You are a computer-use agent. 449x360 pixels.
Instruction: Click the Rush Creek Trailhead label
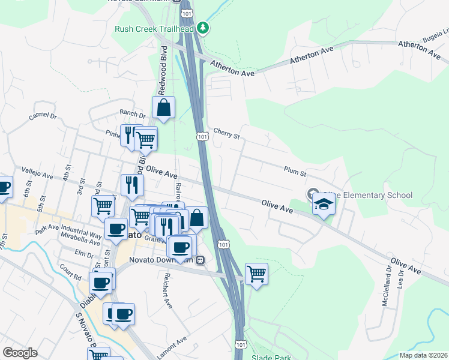[x=154, y=29]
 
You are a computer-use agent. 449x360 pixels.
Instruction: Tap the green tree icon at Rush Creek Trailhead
[x=203, y=28]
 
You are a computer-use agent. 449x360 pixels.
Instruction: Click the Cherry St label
[x=226, y=133]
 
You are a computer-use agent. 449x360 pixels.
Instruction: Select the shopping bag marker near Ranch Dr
[x=163, y=109]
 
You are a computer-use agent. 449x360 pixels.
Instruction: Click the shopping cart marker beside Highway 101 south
[x=256, y=274]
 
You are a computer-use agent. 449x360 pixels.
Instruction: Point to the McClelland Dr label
[x=386, y=291]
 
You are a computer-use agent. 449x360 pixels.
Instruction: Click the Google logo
[x=20, y=353]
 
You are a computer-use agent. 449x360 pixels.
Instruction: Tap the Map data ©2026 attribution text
[x=423, y=355]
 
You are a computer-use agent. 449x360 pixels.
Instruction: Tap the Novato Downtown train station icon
[x=200, y=260]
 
